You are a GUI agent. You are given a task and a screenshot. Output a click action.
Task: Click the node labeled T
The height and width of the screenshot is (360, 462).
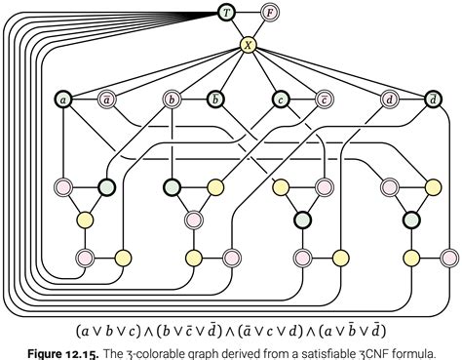click(226, 13)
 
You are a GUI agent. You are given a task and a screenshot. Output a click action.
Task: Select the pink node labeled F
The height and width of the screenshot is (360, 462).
click(270, 13)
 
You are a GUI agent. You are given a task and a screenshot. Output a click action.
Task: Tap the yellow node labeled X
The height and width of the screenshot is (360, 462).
click(248, 45)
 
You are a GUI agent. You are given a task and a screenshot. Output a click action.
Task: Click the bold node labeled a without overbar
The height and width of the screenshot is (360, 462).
click(63, 99)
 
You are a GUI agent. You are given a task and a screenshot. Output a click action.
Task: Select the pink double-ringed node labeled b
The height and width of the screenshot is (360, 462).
click(172, 99)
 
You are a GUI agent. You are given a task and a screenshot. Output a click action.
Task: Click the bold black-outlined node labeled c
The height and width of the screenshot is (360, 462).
click(280, 99)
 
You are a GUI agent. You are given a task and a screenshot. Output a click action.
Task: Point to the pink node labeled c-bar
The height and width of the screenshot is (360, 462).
click(324, 99)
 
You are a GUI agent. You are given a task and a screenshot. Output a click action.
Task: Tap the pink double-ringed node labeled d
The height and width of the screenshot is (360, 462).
click(389, 99)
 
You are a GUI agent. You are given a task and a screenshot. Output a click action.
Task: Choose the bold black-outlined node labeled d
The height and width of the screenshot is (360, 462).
click(433, 99)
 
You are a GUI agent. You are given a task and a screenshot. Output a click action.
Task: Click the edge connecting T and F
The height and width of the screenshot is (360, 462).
click(248, 13)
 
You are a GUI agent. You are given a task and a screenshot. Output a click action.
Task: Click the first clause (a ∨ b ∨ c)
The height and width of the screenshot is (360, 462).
click(109, 329)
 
